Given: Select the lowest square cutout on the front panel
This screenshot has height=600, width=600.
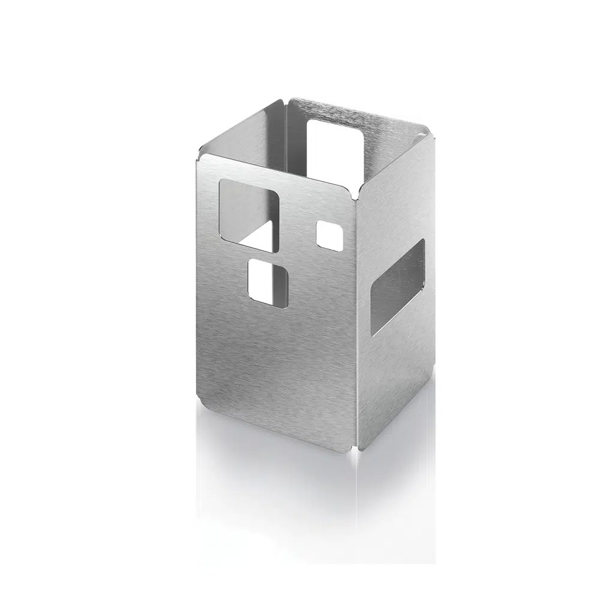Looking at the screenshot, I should (268, 280).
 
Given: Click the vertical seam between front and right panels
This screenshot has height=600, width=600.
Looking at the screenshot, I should (356, 324).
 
